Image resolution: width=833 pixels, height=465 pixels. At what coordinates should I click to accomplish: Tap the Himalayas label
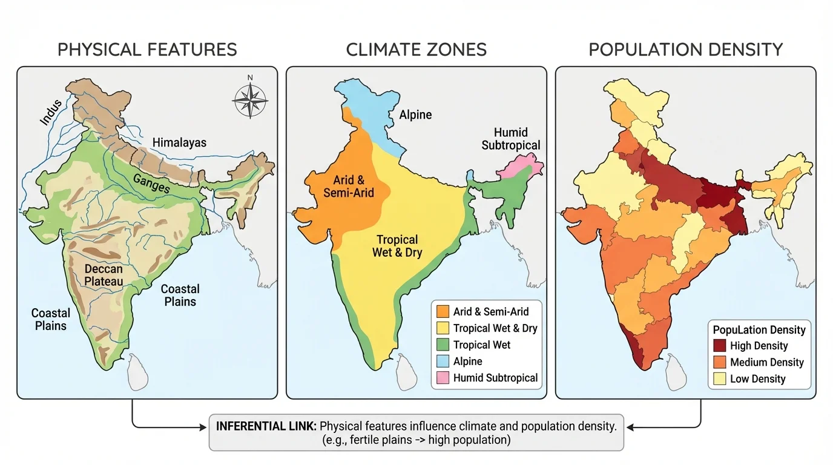[x=179, y=143]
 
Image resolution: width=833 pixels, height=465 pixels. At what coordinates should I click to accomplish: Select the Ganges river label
[x=151, y=181]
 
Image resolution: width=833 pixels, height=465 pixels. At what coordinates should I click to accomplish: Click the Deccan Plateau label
[x=104, y=275]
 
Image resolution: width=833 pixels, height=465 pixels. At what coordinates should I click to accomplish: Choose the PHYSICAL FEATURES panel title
[x=147, y=50]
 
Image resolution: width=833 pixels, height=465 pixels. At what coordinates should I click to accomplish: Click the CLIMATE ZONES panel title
[x=416, y=50]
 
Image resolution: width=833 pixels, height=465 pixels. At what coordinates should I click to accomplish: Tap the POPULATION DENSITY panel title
[x=686, y=50]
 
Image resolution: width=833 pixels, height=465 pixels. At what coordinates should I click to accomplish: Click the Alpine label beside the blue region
[x=415, y=114]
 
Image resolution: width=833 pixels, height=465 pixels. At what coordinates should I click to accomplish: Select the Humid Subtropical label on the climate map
[x=511, y=139]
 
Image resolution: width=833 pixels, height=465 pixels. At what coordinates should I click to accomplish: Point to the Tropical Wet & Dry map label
[x=397, y=246]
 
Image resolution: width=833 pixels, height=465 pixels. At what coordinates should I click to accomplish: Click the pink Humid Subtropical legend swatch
[x=443, y=378]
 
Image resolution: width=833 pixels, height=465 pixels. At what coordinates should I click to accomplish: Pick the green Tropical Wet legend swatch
[x=443, y=345]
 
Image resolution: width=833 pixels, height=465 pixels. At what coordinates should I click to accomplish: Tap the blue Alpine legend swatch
[x=443, y=361]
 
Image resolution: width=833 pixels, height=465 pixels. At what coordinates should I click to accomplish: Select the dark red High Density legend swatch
[x=719, y=346]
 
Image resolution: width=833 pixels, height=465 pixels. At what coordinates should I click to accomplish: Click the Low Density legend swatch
[x=719, y=379]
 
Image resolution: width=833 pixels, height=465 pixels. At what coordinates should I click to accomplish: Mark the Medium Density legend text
[x=766, y=363]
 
